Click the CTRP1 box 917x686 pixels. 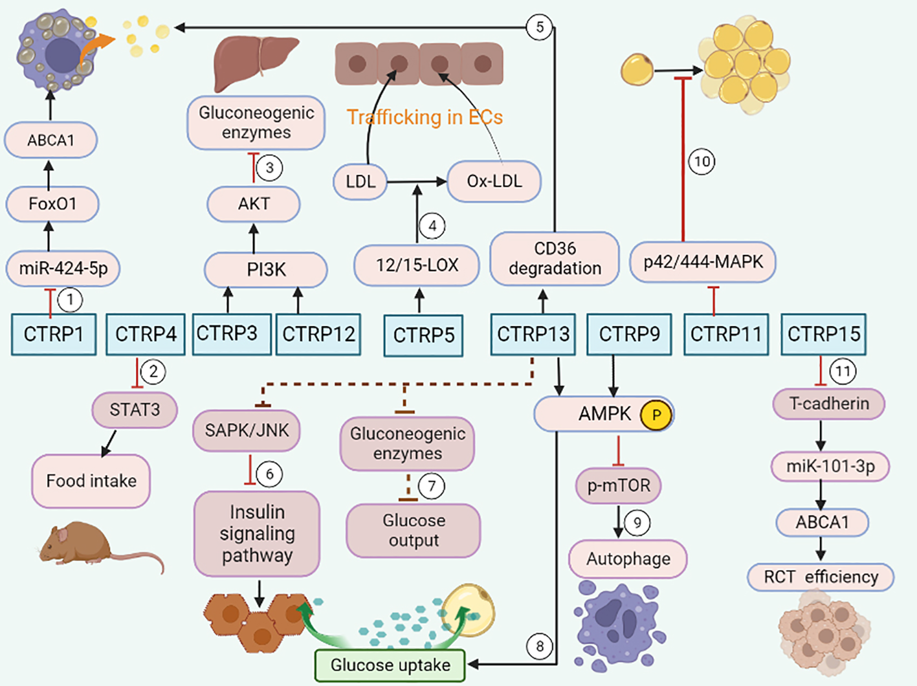point(54,334)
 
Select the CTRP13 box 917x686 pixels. point(533,334)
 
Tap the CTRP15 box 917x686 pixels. point(823,334)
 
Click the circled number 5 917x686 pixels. point(539,27)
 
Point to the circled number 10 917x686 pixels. point(702,161)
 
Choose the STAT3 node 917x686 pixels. point(134,410)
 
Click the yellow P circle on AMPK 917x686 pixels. point(656,415)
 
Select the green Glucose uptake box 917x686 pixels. point(390,665)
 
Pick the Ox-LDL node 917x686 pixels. point(494,181)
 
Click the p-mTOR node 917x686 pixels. point(618,485)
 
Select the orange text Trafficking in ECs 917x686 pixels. point(425,117)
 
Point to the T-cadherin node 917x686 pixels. point(829,404)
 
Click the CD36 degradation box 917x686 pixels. point(555,258)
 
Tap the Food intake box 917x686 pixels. point(91,481)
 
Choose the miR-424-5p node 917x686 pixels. point(63,268)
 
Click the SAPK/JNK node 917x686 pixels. point(247,430)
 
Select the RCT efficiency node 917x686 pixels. point(821,577)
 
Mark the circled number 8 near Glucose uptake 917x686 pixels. point(539,646)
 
